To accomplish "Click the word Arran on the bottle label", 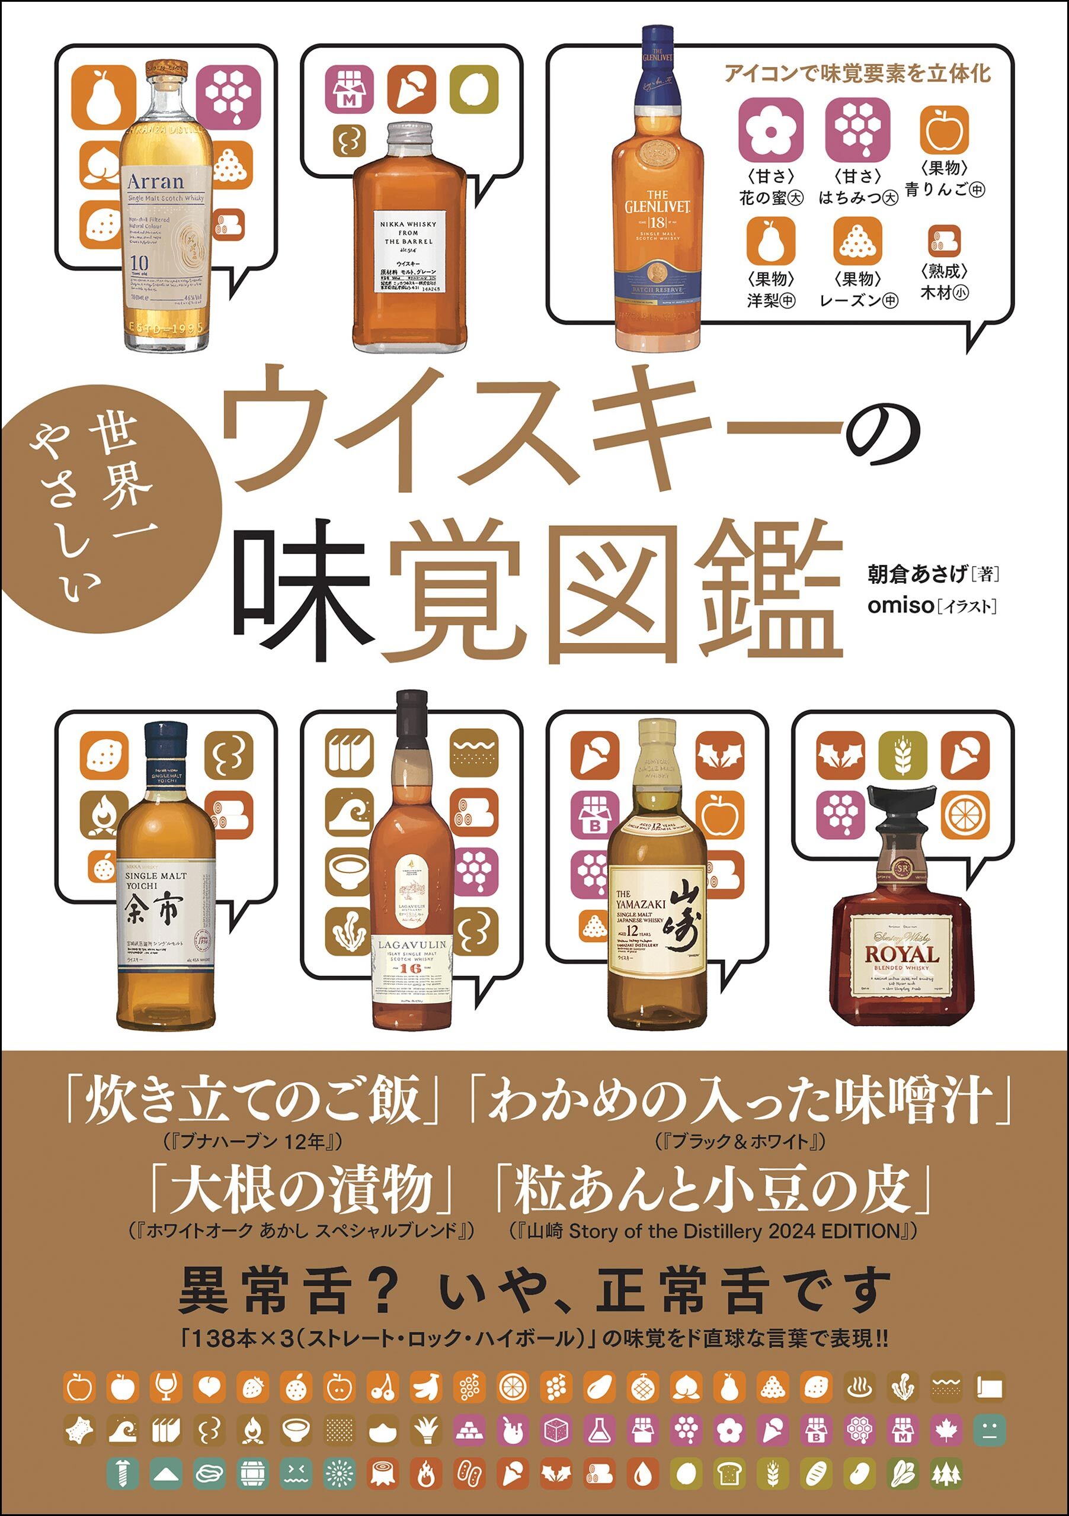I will (x=155, y=181).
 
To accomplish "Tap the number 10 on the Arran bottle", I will (x=139, y=262).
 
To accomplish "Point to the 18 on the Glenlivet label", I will (x=658, y=222).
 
